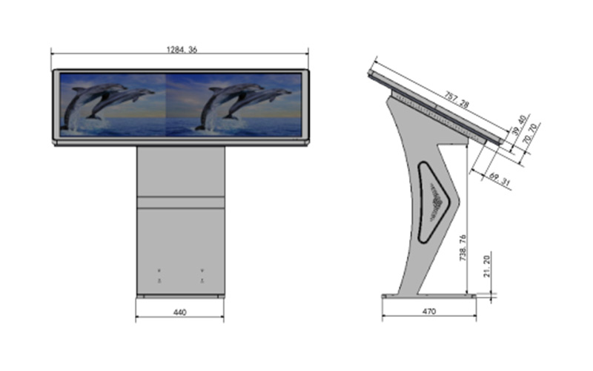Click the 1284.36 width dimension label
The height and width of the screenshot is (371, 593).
[x=182, y=50]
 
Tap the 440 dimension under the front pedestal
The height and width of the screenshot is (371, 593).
[x=180, y=312]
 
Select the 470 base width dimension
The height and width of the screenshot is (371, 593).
[x=429, y=311]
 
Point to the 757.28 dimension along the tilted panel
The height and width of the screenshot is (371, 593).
[x=457, y=100]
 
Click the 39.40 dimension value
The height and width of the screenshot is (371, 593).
[x=519, y=125]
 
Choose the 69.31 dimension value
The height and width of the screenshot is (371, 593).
[x=499, y=179]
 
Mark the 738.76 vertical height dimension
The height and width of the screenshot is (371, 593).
[x=463, y=248]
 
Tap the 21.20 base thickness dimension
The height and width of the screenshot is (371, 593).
[x=487, y=266]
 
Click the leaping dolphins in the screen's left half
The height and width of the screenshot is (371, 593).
[x=107, y=104]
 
